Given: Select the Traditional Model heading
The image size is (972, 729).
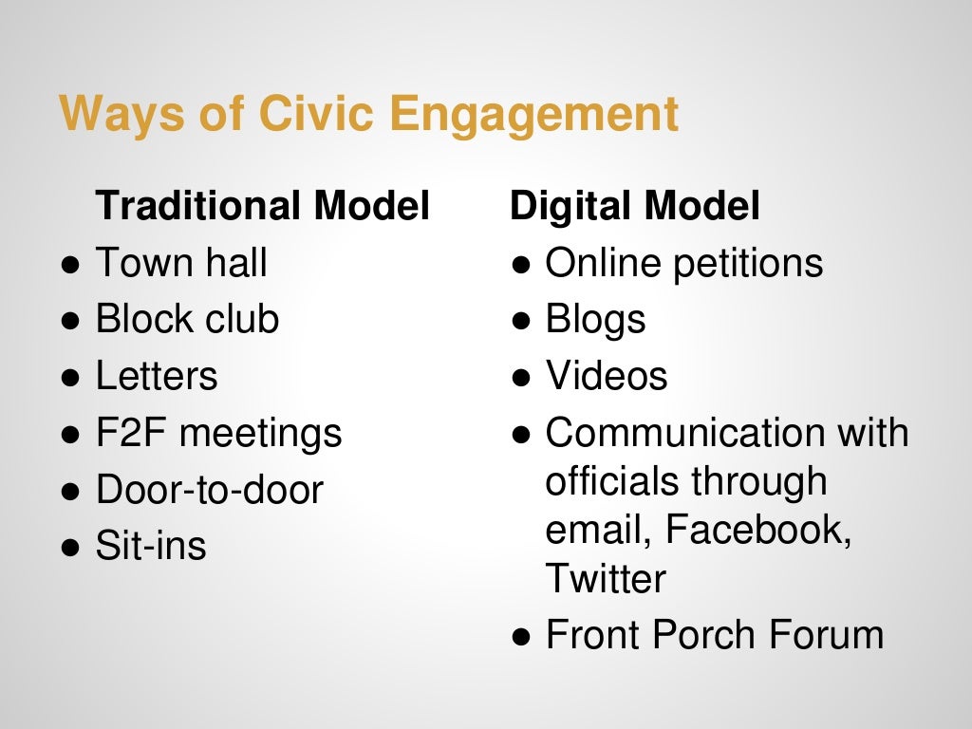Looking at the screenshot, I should tap(263, 206).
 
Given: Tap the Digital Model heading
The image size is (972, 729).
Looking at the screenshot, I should tap(635, 206).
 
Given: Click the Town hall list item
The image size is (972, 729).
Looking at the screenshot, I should tap(181, 263).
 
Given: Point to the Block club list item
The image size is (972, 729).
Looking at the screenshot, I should tap(187, 319).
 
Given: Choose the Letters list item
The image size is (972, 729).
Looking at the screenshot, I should tap(157, 376).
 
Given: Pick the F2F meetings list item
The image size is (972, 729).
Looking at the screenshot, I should tap(218, 433).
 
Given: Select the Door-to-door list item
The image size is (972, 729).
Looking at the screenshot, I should tap(209, 490).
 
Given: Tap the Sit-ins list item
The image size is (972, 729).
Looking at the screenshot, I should tap(151, 546).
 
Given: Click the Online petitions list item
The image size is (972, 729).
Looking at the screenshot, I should tap(683, 263).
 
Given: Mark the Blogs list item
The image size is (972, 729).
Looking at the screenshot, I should tap(595, 319).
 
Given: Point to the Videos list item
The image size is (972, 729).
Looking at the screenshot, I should tap(606, 376).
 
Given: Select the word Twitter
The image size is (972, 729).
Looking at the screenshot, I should tap(605, 577).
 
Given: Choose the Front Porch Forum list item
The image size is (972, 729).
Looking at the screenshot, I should tap(714, 634).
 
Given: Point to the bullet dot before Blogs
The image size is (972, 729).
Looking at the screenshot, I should tap(520, 321).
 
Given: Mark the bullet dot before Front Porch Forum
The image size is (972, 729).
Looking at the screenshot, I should tap(520, 636).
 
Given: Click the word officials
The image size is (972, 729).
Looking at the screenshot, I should tap(610, 481).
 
